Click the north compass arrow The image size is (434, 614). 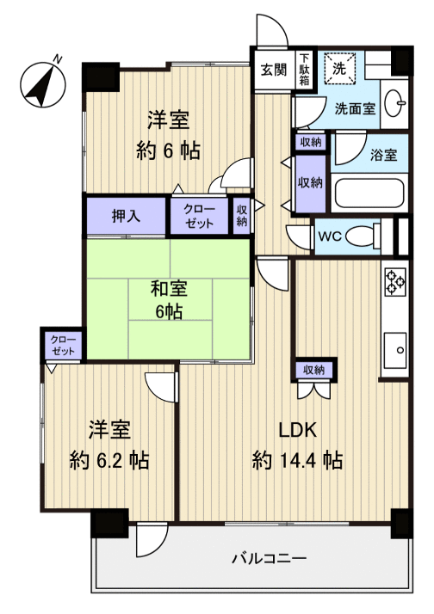(43, 80)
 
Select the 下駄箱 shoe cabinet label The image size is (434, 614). (305, 69)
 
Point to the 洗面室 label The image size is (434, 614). (354, 108)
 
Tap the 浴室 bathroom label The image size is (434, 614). (383, 156)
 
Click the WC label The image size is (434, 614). (331, 235)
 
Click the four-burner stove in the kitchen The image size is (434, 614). (395, 281)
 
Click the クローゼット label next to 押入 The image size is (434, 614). (200, 216)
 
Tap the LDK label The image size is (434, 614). (297, 429)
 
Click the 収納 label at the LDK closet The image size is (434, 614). (313, 370)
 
